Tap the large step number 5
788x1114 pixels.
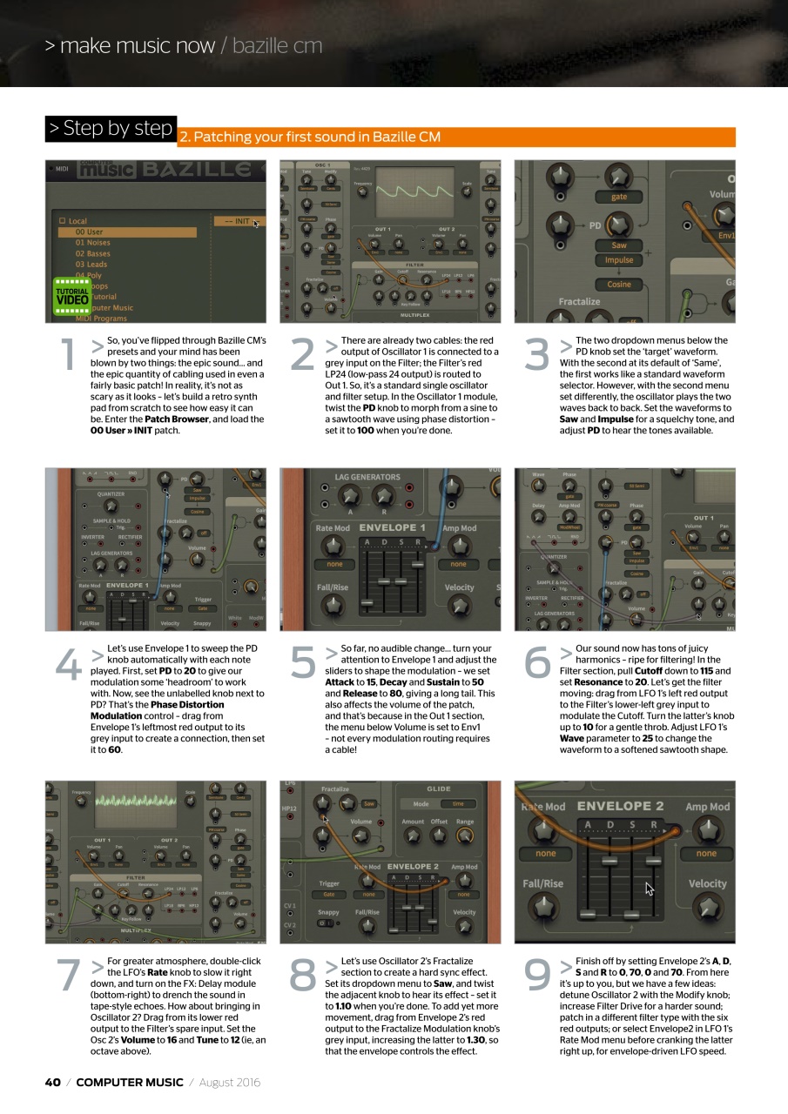[x=301, y=663]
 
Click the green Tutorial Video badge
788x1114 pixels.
[x=72, y=295]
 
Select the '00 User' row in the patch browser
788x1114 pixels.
[x=127, y=232]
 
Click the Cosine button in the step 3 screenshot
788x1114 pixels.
[x=619, y=284]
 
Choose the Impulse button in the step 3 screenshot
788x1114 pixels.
[x=619, y=260]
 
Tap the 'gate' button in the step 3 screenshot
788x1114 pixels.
[x=619, y=197]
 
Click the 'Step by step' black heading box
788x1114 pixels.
[x=111, y=129]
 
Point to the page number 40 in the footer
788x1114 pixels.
[x=52, y=1083]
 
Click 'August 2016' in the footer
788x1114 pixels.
[x=230, y=1083]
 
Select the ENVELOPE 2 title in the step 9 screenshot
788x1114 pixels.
[x=620, y=806]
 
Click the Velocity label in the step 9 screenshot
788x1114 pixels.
[x=707, y=883]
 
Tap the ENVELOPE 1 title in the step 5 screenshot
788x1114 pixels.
[x=392, y=527]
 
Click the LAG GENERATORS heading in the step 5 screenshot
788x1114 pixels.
[x=367, y=477]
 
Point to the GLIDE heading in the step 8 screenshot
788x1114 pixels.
[x=438, y=789]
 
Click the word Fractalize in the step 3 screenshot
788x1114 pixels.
[x=579, y=301]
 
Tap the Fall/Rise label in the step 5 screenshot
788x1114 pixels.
[x=332, y=587]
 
